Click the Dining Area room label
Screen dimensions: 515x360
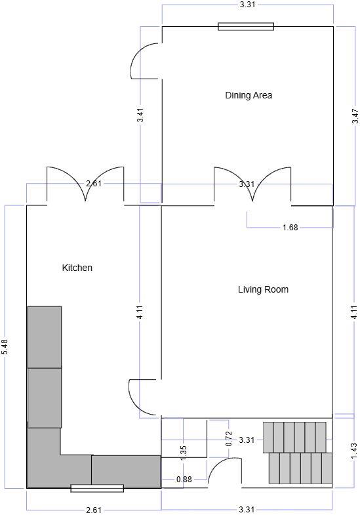tap(249, 95)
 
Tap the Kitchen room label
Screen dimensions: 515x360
tap(77, 268)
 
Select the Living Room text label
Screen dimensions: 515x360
tap(263, 289)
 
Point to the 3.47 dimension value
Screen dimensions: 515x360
tap(355, 117)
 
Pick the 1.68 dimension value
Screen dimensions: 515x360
tap(290, 228)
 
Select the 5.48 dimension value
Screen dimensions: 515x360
tap(5, 346)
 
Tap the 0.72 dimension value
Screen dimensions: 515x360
tap(228, 438)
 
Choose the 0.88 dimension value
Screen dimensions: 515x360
tap(184, 480)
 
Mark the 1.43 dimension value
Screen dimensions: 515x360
tap(353, 451)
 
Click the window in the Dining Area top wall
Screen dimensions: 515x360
tap(246, 27)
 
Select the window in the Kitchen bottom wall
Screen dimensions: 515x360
tap(97, 488)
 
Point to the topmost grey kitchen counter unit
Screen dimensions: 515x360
tap(45, 337)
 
